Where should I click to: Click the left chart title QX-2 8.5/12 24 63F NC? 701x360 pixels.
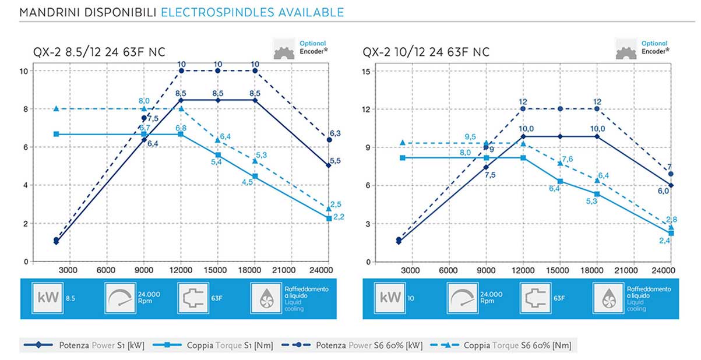pos(99,52)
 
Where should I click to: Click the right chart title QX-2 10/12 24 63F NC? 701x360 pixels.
pos(426,52)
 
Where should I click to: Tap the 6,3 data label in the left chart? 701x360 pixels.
pos(334,133)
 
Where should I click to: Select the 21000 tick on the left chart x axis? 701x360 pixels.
pos(292,270)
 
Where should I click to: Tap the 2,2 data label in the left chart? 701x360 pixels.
pos(340,217)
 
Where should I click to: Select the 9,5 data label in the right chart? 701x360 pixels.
pos(470,137)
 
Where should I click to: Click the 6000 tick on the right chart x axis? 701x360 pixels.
pos(448,270)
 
